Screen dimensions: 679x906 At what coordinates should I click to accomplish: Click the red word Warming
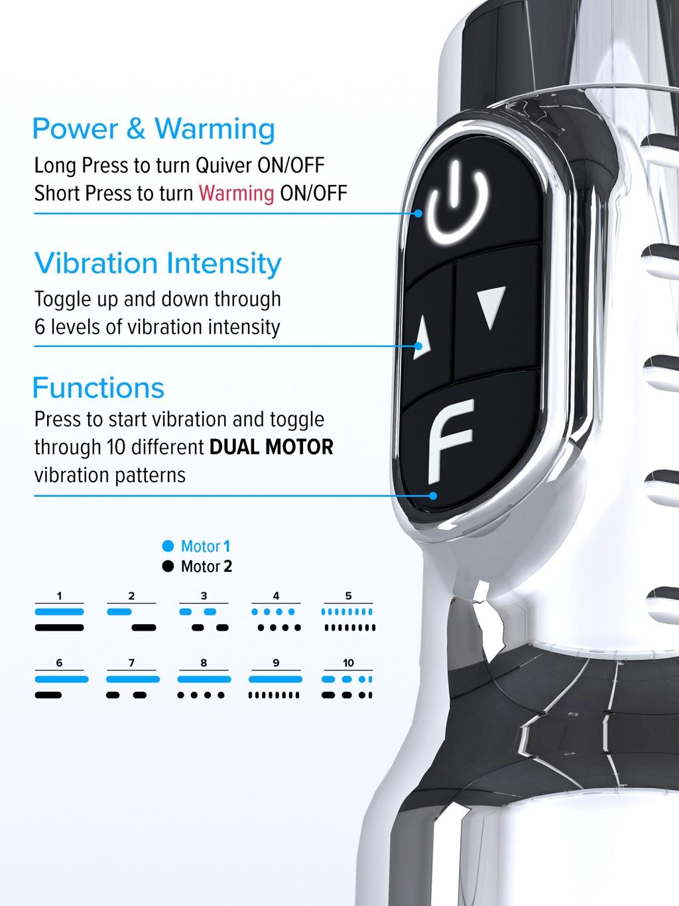click(236, 193)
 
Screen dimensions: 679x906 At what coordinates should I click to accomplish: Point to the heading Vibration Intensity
click(158, 263)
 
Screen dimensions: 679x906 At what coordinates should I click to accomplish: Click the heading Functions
click(99, 387)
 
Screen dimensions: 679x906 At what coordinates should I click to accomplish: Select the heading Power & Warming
click(153, 129)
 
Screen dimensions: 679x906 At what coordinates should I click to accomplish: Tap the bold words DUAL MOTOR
click(271, 447)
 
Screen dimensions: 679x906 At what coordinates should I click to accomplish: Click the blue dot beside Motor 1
click(168, 546)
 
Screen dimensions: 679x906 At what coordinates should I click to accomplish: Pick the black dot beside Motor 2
click(168, 566)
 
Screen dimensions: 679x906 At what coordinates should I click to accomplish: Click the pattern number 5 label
click(349, 596)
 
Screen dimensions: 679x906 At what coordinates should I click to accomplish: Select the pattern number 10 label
click(348, 663)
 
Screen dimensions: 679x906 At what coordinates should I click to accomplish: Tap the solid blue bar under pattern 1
click(60, 612)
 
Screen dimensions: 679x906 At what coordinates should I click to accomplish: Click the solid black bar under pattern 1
click(60, 628)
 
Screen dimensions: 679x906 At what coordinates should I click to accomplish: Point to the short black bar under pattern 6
click(48, 695)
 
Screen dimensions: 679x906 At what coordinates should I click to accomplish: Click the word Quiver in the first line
click(223, 166)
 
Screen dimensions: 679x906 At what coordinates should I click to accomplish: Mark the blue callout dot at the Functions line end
click(433, 495)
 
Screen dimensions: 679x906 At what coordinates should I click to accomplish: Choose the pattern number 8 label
click(204, 663)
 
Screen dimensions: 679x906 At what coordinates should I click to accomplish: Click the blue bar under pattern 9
click(275, 679)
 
